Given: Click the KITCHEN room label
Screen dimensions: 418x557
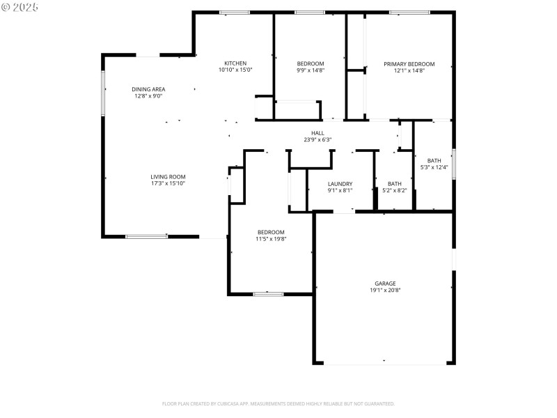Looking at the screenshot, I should coord(235,63).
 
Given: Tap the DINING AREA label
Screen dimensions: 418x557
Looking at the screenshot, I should coord(148,89).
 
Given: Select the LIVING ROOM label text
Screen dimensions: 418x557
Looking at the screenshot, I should coord(168,177).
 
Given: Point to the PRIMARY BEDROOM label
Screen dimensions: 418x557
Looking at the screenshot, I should coord(409,63).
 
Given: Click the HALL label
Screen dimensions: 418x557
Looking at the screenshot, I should coord(317,133).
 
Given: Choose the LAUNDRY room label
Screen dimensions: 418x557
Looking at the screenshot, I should coord(340,184).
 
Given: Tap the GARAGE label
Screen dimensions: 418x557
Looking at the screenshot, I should coord(385,284).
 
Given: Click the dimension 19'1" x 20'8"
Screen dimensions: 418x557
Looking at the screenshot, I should coord(385,291).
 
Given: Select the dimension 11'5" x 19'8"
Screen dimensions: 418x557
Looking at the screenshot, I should coord(271,239).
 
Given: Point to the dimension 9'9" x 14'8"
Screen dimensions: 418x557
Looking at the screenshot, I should coord(310,70).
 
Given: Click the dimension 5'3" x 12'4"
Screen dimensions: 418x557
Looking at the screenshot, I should coord(434,167).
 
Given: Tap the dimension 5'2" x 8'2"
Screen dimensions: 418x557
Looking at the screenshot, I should coord(394,190).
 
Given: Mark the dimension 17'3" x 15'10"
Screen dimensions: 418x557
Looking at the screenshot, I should coord(168,183).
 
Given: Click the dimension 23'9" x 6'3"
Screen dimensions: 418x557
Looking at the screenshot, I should coord(317,139).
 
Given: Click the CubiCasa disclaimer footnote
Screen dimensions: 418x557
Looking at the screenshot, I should coord(278,403).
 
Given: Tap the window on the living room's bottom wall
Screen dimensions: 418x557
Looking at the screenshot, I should coord(146,237).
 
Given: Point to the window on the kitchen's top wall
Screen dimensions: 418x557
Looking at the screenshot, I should coord(235,13).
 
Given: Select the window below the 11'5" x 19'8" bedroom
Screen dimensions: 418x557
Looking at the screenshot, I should coord(268,294).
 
